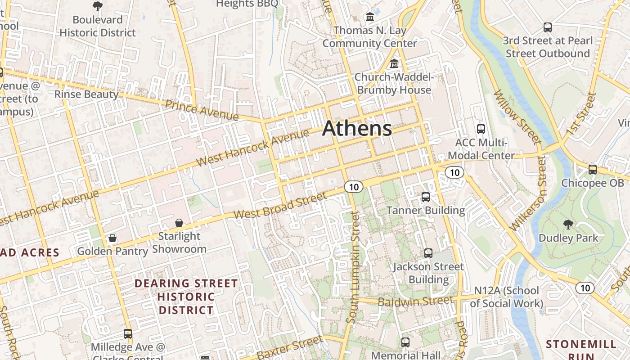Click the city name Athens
coord(357,129)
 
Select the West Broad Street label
coord(280,207)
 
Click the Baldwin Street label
coord(415,301)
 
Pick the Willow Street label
coord(517,117)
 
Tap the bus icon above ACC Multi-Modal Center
coord(481,129)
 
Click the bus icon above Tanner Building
coord(425,197)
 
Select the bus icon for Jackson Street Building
coord(428,253)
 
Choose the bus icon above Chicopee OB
coord(592,170)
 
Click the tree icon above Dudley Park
coord(568,224)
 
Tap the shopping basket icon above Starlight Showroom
coord(179,223)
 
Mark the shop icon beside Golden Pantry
coord(112,238)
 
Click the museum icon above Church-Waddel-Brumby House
coord(394,64)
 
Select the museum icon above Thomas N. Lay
coord(370,17)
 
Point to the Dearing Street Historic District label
coord(186,297)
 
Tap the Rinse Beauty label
coord(86,94)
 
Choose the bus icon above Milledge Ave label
coord(128,333)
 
